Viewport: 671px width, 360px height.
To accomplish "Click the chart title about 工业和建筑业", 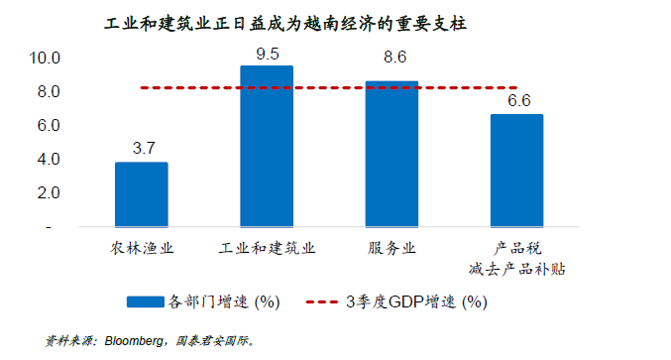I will coord(284,23).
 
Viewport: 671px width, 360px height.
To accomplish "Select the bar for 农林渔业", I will coord(142,194).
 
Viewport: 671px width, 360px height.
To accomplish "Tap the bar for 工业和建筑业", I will coord(267,147).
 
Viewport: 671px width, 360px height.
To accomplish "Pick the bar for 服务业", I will coord(391,154).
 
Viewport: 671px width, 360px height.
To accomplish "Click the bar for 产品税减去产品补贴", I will coord(516,171).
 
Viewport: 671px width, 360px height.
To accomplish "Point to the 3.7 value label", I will coord(143,149).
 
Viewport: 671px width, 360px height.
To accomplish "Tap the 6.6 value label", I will coord(518,101).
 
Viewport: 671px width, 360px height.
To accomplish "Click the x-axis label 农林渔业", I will coord(143,248).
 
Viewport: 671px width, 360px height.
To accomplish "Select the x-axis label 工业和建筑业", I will coord(267,248).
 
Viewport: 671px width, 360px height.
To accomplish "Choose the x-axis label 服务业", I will coord(392,248).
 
